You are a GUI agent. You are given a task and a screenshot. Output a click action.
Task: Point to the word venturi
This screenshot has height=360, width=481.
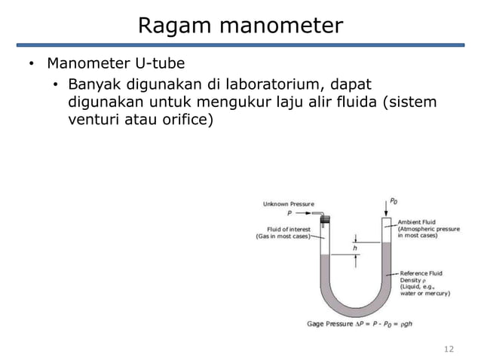pyautogui.click(x=93, y=119)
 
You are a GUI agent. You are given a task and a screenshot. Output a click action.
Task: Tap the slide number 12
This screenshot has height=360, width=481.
pyautogui.click(x=450, y=349)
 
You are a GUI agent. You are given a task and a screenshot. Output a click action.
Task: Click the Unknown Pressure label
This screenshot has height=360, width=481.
pyautogui.click(x=289, y=203)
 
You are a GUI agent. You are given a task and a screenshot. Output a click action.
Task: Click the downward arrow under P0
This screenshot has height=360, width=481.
pyautogui.click(x=387, y=211)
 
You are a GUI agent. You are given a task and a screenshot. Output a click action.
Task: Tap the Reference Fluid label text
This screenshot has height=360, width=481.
pyautogui.click(x=421, y=273)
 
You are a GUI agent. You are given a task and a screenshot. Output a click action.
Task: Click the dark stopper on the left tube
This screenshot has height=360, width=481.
pyautogui.click(x=326, y=219)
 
